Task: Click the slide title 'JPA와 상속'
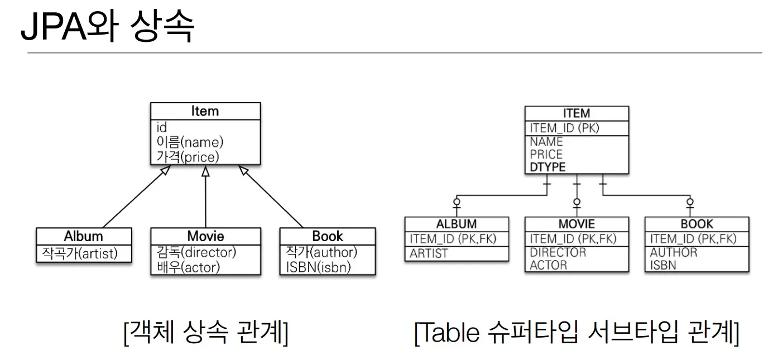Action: tap(107, 26)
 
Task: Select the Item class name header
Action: tap(205, 111)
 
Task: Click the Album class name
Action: tap(84, 236)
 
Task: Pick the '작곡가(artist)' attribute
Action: tap(80, 253)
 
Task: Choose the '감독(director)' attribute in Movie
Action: tap(196, 252)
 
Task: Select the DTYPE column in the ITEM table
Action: tap(548, 167)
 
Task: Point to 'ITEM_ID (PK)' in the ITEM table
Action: tap(564, 128)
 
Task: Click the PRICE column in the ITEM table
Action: tap(546, 154)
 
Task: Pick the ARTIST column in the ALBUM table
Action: tap(429, 253)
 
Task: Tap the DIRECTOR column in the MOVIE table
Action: tap(558, 252)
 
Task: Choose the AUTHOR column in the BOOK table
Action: tap(674, 252)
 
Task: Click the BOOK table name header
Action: tap(697, 224)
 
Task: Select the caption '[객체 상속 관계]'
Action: tap(205, 333)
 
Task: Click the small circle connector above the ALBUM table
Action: tap(457, 201)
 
